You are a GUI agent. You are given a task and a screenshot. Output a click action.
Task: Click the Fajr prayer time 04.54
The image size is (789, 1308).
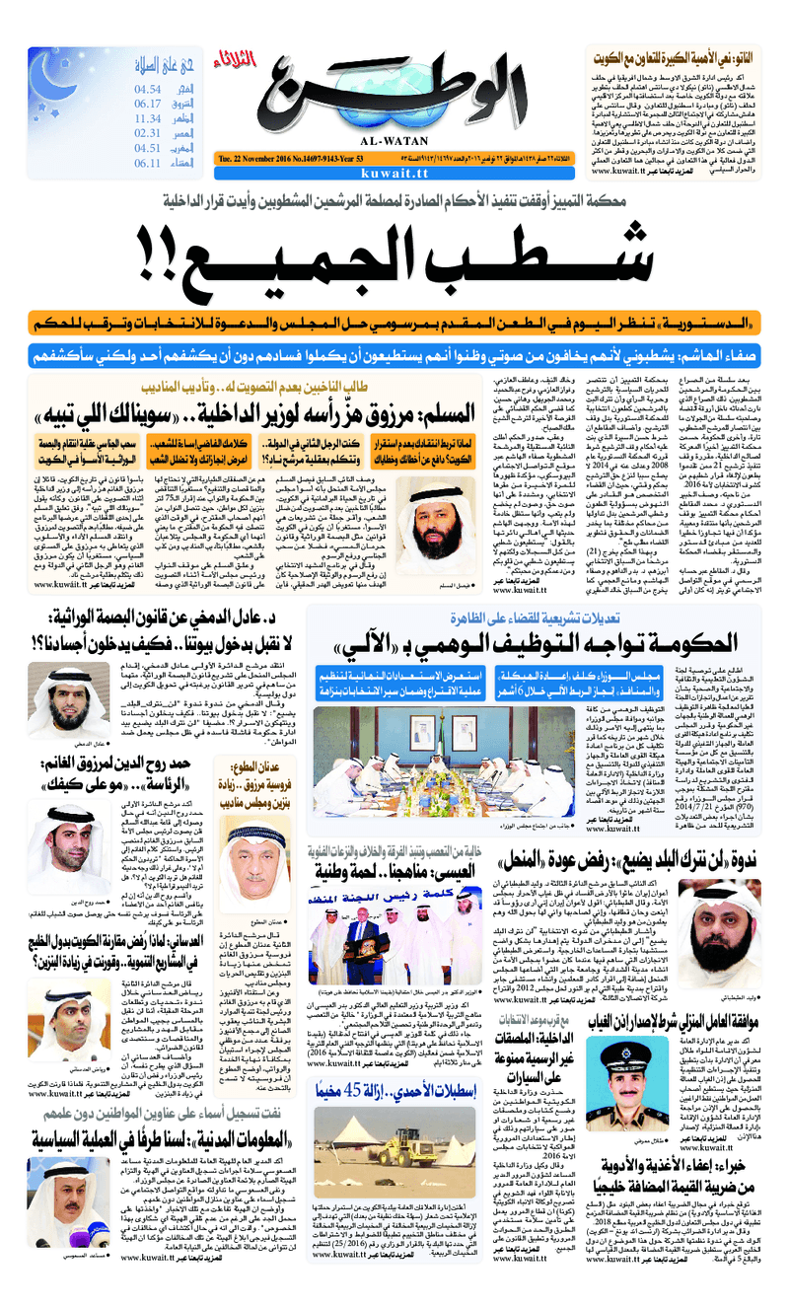tap(148, 90)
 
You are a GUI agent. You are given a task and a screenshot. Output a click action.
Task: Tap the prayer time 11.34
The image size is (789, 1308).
tap(148, 118)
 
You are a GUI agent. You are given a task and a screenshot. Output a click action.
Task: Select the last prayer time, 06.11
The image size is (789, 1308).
tap(148, 163)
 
